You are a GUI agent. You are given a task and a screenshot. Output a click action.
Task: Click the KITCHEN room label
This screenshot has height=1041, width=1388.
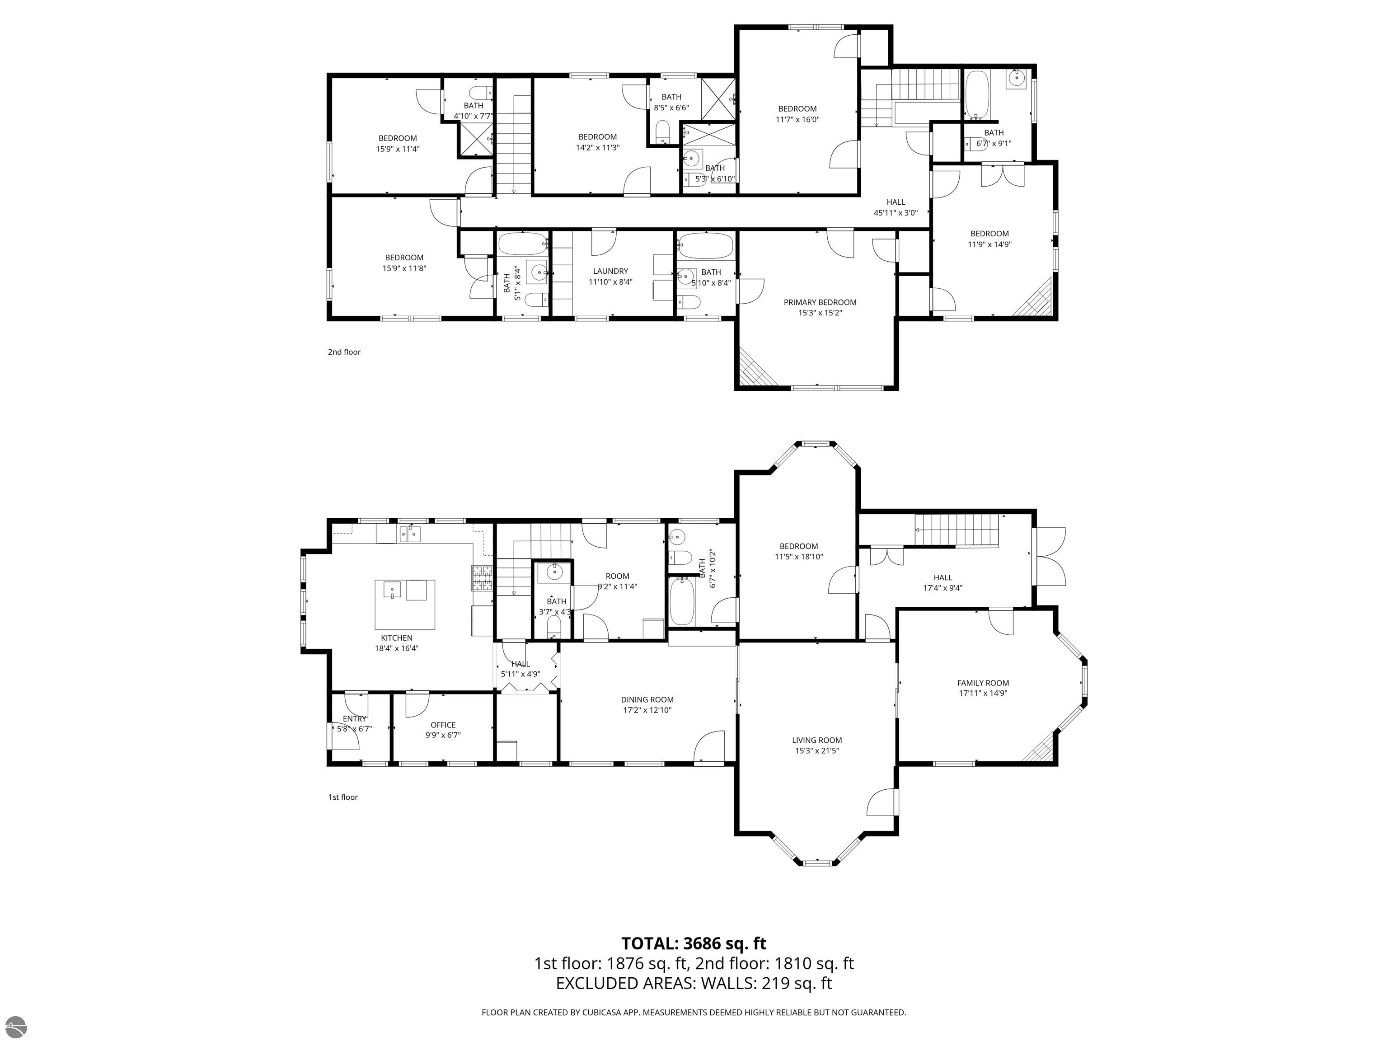(x=397, y=638)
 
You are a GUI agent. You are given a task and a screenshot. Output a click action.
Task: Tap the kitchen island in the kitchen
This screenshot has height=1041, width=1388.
(x=405, y=604)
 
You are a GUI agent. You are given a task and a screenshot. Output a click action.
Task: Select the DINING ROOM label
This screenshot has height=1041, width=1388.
(x=647, y=699)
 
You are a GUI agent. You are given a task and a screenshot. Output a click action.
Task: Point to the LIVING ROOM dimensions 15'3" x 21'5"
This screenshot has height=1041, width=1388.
(x=816, y=750)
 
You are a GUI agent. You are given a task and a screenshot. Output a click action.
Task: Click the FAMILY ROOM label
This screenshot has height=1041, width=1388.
(x=983, y=683)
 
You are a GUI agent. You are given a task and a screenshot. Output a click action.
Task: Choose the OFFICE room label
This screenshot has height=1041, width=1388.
(x=443, y=725)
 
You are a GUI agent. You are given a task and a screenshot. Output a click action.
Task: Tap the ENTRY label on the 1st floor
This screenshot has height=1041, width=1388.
(x=355, y=718)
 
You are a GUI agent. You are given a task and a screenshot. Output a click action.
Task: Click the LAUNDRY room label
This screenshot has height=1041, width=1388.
(x=610, y=271)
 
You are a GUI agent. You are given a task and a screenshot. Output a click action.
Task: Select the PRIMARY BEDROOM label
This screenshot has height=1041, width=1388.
(x=820, y=302)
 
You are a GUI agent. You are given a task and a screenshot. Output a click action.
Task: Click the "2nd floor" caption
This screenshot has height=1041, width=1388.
(x=344, y=352)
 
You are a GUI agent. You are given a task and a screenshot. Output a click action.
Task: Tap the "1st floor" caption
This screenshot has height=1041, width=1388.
(x=342, y=797)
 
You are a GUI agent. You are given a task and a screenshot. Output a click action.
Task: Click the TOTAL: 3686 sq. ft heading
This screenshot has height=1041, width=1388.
(x=694, y=943)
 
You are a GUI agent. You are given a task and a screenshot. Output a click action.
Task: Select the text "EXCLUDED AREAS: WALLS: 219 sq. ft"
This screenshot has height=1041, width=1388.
(x=694, y=983)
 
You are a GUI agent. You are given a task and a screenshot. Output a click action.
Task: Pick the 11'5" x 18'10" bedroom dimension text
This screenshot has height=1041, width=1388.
(x=799, y=557)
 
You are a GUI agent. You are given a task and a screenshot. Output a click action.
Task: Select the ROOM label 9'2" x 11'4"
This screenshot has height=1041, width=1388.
(x=618, y=576)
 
